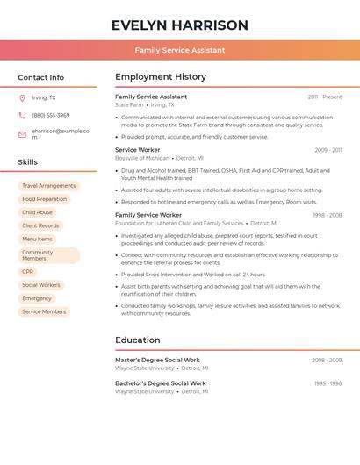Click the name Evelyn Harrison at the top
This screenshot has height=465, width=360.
click(180, 25)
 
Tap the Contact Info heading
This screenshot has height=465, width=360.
click(41, 77)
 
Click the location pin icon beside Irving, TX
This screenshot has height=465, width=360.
click(22, 98)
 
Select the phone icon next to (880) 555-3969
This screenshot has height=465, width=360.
click(22, 115)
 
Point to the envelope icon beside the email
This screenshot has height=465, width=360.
click(22, 134)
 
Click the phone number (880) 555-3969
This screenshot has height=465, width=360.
click(51, 115)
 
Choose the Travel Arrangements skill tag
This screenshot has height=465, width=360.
click(49, 186)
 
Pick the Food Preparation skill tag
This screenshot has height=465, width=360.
click(45, 199)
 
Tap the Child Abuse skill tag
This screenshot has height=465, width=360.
click(38, 212)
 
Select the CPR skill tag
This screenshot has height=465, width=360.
click(28, 272)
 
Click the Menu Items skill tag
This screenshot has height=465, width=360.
click(38, 239)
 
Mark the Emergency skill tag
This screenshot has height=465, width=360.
click(37, 298)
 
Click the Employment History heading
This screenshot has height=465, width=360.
click(161, 77)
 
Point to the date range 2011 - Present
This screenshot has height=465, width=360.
click(325, 97)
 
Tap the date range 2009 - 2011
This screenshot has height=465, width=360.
click(328, 150)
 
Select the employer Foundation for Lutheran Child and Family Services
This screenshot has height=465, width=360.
click(179, 224)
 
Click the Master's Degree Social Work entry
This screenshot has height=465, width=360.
click(157, 360)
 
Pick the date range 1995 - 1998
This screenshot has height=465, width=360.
click(328, 383)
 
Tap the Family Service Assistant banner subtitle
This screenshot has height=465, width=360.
click(180, 51)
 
